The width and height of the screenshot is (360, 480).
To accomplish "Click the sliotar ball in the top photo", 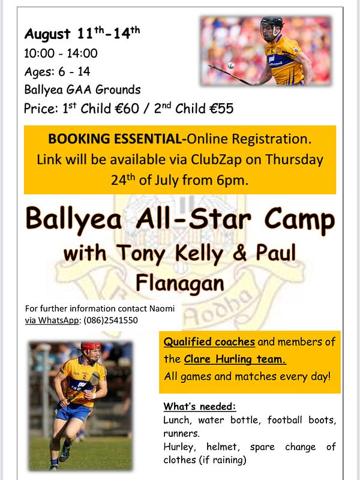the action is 231,65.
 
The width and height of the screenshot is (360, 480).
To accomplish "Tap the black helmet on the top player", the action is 272,23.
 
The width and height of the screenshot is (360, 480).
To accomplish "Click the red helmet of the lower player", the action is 91,347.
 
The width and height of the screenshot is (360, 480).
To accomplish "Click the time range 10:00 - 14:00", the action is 61,53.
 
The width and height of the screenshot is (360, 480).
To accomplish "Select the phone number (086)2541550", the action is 110,320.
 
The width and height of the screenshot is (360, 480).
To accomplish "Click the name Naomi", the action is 162,308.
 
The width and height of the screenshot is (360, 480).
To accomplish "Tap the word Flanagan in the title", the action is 180,283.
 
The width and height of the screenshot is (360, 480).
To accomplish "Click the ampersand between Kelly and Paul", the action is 239,253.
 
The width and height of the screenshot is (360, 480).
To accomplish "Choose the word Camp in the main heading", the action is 299,220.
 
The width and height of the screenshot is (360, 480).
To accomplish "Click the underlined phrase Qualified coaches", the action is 209,341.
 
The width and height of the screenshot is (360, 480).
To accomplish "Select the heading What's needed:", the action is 200,406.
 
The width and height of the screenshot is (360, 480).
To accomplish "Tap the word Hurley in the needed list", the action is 179,447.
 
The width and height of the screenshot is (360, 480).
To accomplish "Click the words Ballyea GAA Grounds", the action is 82,89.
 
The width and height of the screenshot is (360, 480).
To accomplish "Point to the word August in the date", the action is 47,34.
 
